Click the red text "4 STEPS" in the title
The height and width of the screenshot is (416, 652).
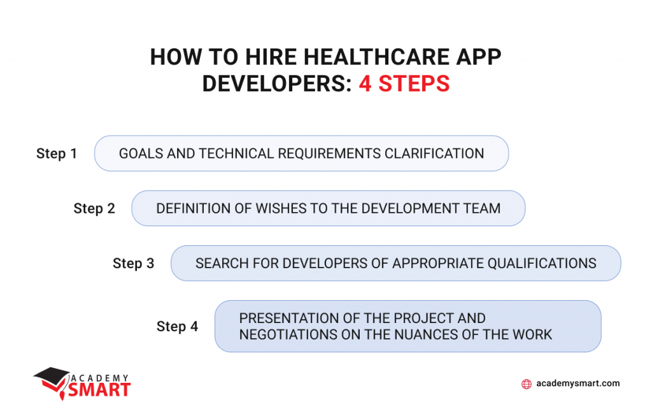click(404, 84)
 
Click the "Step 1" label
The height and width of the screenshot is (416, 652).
click(57, 154)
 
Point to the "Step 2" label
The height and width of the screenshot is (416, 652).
click(94, 208)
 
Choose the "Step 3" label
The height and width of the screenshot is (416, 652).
click(133, 263)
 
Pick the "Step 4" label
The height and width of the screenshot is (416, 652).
click(177, 326)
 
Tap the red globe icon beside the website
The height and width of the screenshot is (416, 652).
click(526, 384)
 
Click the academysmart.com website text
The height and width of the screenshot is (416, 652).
click(578, 384)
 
